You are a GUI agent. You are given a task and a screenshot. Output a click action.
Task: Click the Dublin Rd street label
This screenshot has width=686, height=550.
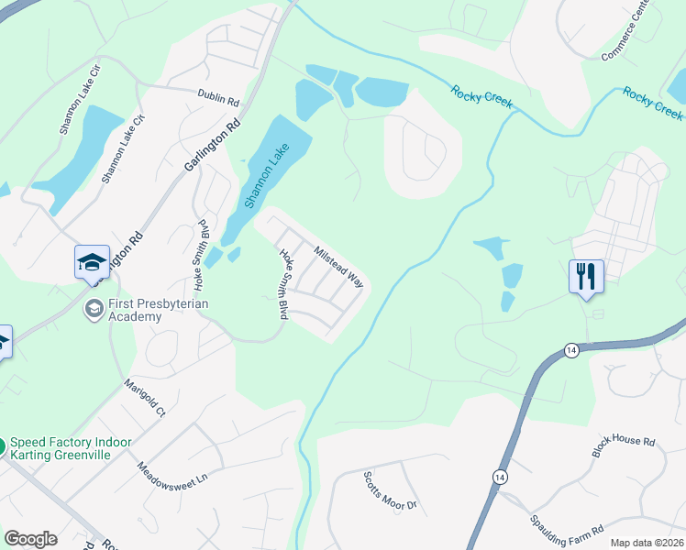217,94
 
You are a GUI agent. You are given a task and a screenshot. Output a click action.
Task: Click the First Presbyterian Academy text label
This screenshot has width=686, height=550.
135,310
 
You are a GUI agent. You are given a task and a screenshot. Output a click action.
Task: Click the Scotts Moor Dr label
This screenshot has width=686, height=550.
389,492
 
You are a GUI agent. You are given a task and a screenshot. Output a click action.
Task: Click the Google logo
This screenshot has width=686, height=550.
30,539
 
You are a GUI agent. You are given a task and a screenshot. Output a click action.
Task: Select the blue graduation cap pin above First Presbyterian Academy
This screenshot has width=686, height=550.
92,263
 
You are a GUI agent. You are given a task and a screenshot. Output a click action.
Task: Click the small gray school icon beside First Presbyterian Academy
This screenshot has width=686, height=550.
93,310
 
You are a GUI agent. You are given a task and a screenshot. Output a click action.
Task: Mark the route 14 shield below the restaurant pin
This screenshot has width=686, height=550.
571,351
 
